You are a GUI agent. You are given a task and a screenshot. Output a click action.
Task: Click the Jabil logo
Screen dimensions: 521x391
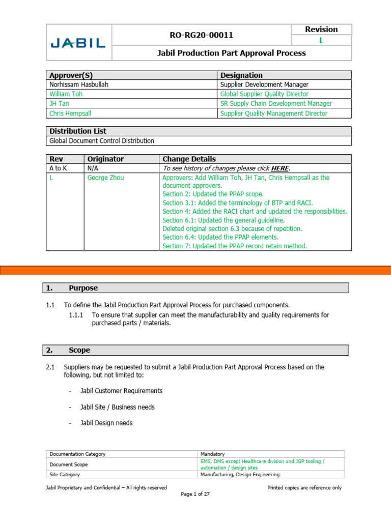[x=78, y=43]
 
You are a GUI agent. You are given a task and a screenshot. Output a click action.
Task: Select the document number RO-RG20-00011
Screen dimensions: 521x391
[x=201, y=35]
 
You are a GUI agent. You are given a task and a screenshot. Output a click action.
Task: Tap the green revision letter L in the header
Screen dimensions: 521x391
[x=321, y=41]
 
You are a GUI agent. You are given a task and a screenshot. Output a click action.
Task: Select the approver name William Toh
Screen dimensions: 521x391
[x=66, y=94]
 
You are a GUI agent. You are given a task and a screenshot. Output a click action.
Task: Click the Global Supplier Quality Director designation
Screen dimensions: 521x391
[x=264, y=94]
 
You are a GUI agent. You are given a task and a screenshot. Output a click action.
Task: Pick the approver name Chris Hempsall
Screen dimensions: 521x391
[x=70, y=113]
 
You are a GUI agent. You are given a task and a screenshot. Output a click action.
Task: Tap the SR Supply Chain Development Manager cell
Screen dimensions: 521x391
[x=276, y=104]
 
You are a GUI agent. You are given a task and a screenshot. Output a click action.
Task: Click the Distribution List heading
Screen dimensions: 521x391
[x=77, y=131]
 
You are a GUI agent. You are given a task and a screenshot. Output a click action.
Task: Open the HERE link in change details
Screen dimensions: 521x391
[x=280, y=168]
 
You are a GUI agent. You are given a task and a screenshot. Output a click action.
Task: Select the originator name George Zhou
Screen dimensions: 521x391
[x=106, y=178]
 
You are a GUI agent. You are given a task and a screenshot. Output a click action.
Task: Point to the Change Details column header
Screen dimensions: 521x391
[x=189, y=159]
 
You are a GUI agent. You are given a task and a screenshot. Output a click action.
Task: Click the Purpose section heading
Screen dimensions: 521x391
[x=83, y=288]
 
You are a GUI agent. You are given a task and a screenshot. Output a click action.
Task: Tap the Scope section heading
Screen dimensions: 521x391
[x=79, y=350]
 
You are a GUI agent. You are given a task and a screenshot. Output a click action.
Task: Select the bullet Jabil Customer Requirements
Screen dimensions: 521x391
[x=121, y=391]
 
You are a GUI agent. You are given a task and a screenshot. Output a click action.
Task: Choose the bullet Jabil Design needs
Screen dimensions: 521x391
[x=106, y=423]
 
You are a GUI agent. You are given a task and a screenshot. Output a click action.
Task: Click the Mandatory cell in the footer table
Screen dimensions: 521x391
[x=213, y=454]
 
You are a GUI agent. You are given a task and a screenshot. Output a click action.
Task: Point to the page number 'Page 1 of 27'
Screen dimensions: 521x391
[x=195, y=494]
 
